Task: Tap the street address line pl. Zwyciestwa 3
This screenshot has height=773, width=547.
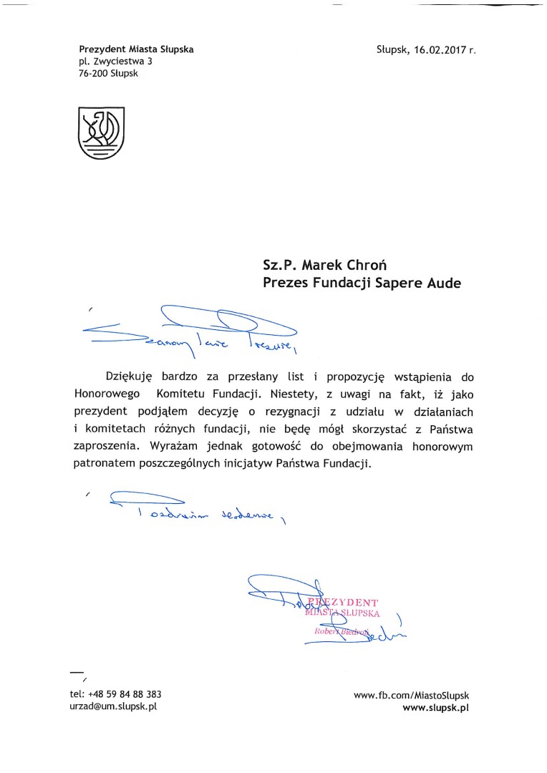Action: coord(115,62)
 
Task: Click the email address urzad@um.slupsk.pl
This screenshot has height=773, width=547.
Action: coord(113,706)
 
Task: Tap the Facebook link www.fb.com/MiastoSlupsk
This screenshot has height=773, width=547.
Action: coord(412,695)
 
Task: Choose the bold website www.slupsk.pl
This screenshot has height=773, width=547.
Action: coord(435,707)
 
